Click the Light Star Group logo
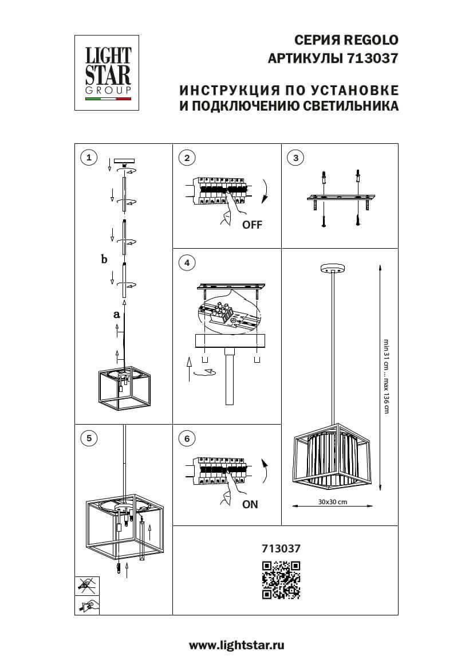108,72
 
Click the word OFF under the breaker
252,225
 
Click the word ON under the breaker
250,505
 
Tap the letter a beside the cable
116,315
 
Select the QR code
281,580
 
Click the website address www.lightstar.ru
236,645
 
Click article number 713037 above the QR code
281,548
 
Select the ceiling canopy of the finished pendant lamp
332,269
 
